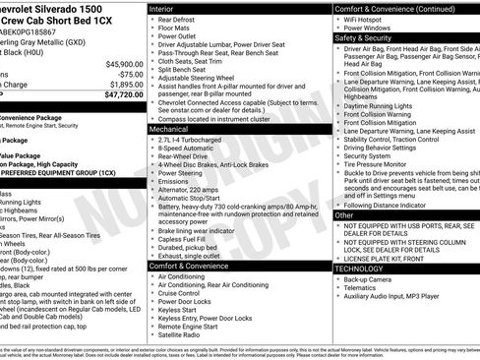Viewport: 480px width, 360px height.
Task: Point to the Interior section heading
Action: pyautogui.click(x=162, y=8)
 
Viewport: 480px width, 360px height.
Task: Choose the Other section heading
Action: pyautogui.click(x=344, y=213)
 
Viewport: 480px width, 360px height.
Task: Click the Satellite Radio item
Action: pyautogui.click(x=183, y=334)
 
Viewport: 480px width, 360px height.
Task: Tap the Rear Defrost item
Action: pyautogui.click(x=179, y=19)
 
